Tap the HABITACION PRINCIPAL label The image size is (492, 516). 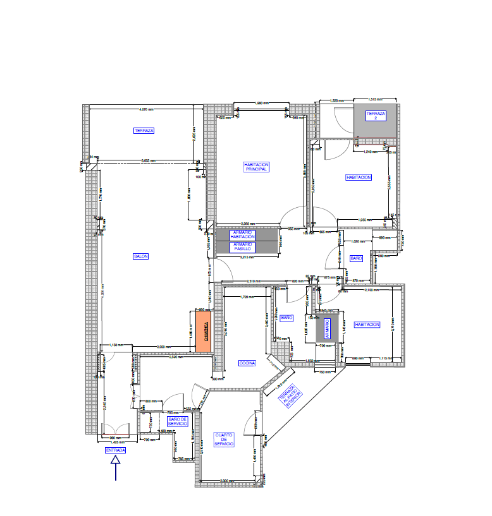pos(255,167)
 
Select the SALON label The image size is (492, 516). pos(140,256)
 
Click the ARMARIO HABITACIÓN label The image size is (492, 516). pos(242,234)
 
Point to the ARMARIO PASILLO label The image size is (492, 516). pos(242,246)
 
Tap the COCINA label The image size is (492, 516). pos(247,363)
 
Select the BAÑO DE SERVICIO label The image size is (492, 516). pos(177,421)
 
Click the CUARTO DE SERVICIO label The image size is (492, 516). pos(224,440)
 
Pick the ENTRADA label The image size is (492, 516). pos(115,450)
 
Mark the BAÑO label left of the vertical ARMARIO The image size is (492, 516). pos(286,318)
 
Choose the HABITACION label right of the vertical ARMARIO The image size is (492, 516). pos(367,325)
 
